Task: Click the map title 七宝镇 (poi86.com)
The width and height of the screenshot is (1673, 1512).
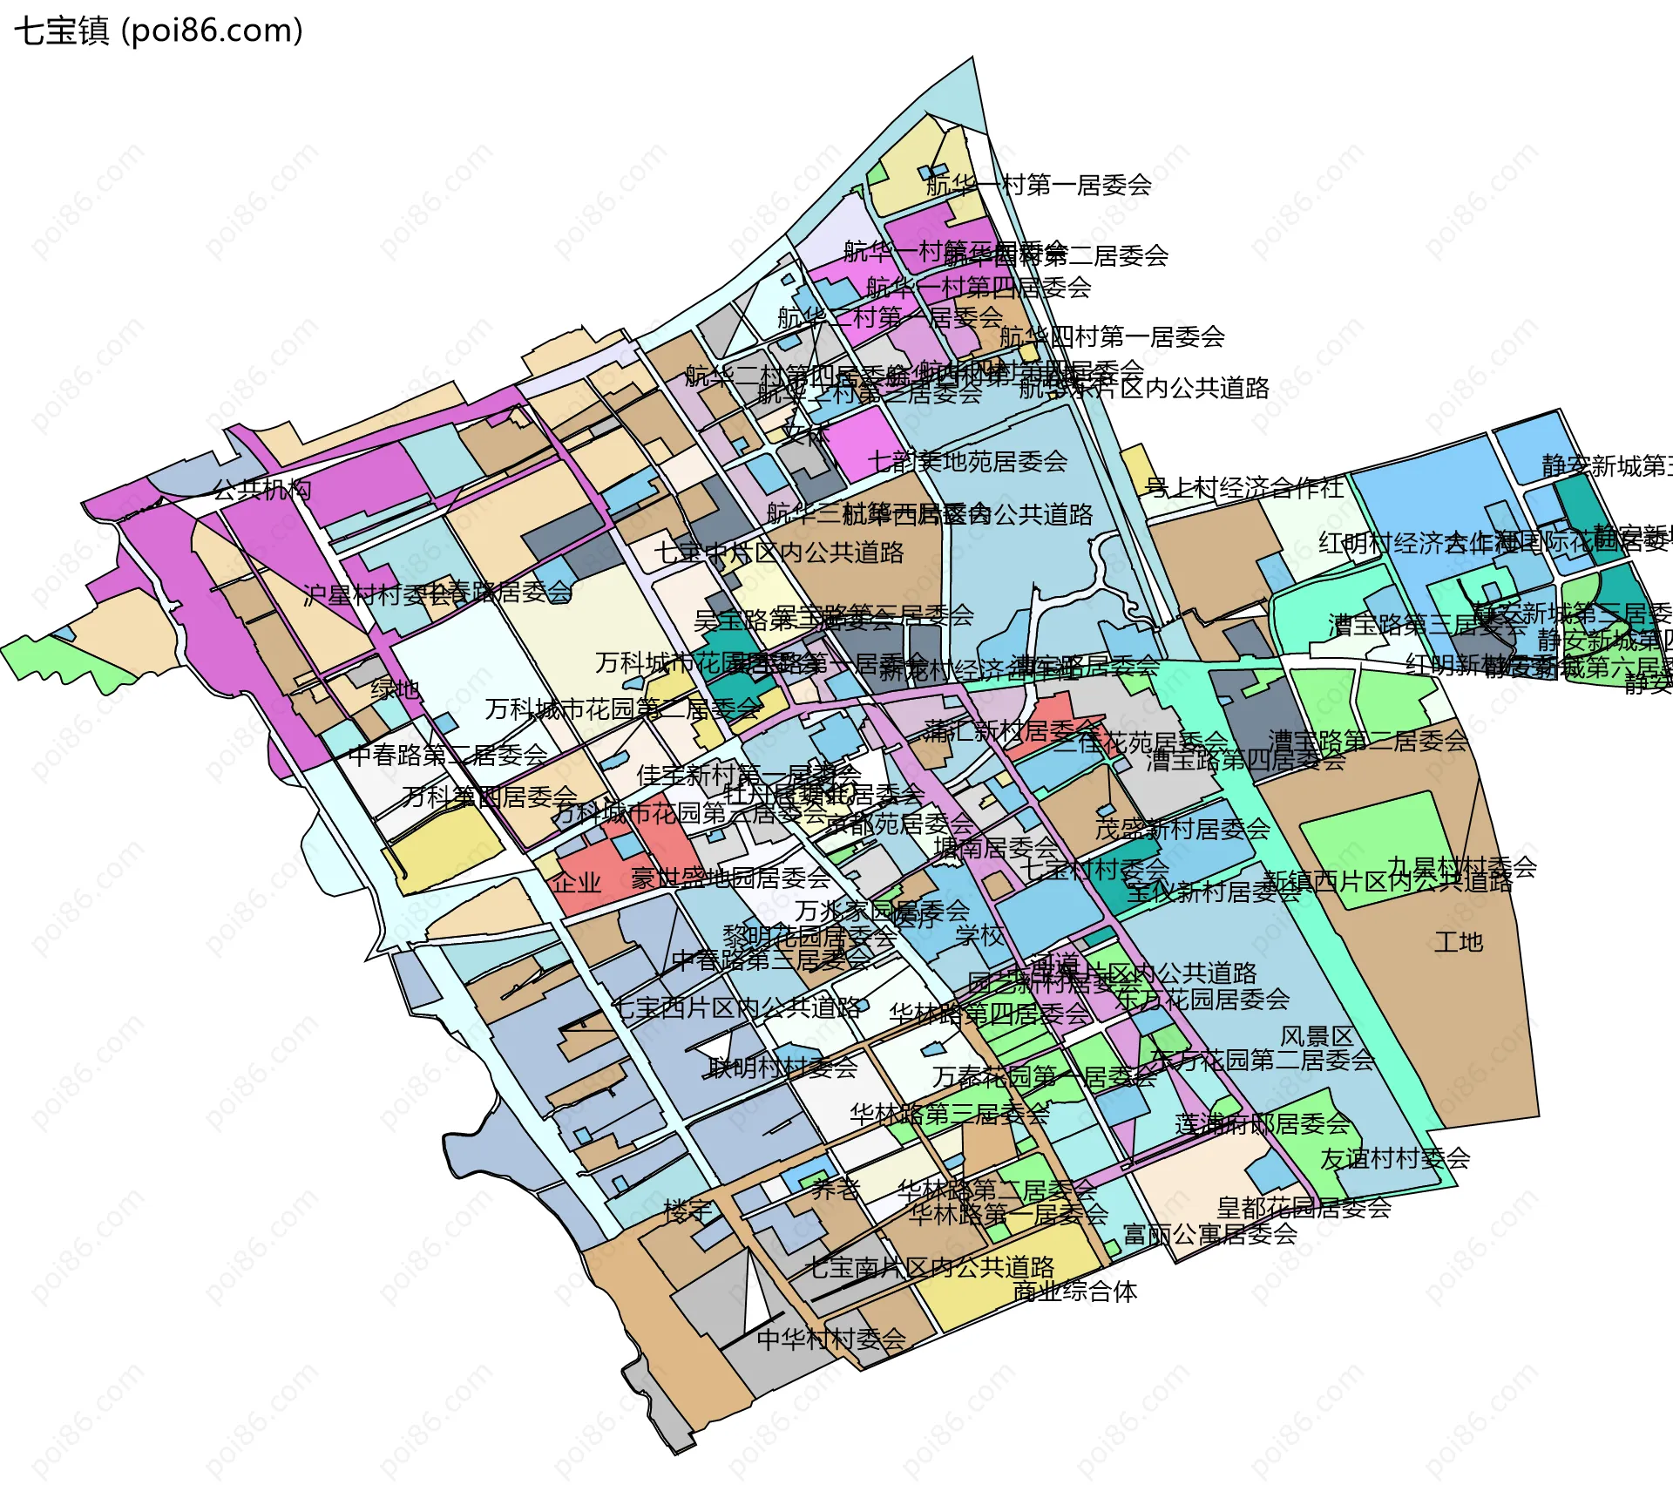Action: [159, 31]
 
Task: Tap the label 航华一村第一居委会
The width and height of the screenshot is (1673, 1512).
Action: [1039, 185]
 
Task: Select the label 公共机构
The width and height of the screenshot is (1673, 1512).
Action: [262, 490]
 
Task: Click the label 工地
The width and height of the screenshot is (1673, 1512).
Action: [1459, 942]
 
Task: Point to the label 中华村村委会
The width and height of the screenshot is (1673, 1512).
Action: [831, 1339]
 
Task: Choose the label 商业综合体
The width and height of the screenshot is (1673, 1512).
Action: [1075, 1292]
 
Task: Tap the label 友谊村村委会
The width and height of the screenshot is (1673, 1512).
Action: [1395, 1159]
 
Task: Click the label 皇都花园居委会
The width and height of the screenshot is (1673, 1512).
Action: [1304, 1208]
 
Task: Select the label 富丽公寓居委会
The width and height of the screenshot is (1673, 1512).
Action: [1210, 1235]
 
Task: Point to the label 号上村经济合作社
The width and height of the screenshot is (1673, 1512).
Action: [1244, 488]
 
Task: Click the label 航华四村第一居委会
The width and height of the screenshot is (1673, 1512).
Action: [1112, 336]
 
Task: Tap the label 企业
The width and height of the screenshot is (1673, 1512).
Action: [577, 883]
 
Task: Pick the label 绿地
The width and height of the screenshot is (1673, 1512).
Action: [395, 689]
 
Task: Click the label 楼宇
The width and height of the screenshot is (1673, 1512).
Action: [687, 1210]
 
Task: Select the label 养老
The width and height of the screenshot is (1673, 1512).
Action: [836, 1190]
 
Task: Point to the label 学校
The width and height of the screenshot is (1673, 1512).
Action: [980, 936]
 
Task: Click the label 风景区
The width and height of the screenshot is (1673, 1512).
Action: [1317, 1036]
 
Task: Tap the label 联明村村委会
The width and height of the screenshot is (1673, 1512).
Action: [783, 1068]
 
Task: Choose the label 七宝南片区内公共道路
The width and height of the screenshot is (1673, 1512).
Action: [929, 1267]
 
